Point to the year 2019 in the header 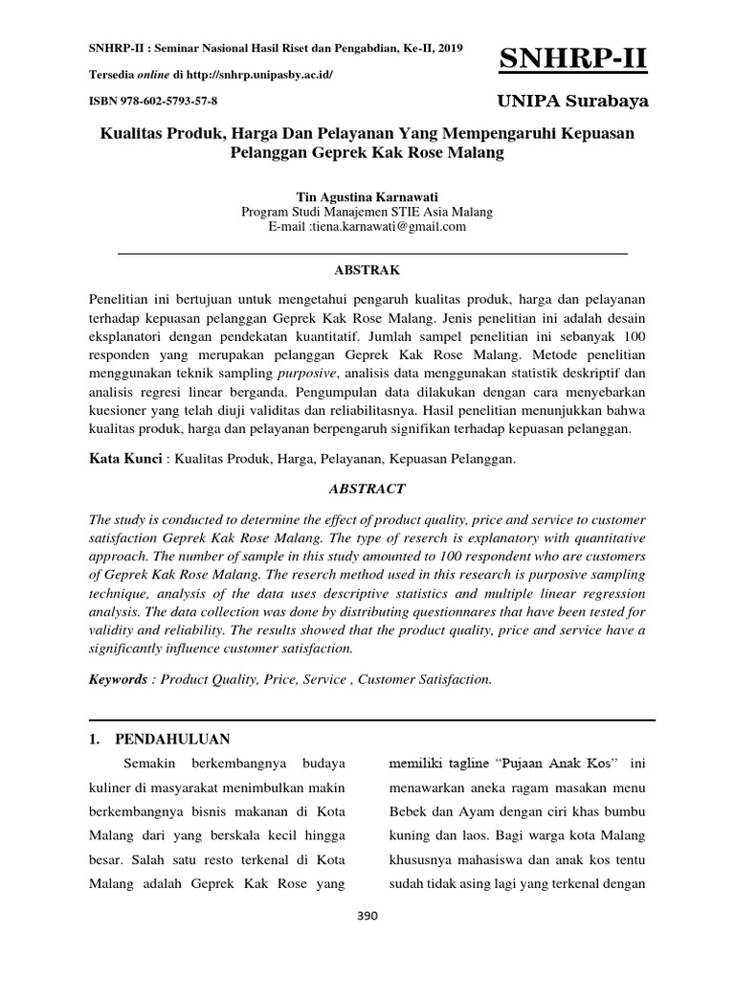[448, 48]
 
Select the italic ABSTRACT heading [367, 488]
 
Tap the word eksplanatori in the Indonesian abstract [126, 336]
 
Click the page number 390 [367, 916]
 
